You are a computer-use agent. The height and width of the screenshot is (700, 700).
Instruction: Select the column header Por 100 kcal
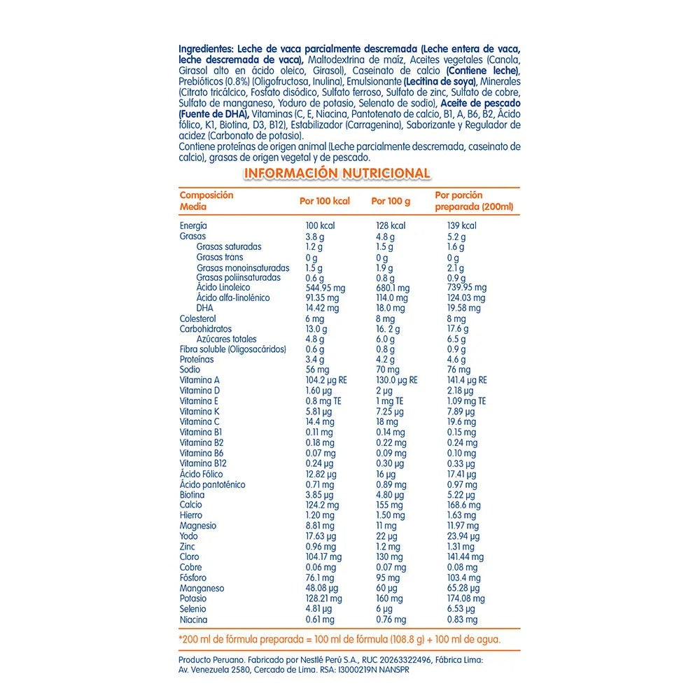tap(324, 201)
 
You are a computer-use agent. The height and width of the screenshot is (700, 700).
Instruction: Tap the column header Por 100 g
tap(391, 201)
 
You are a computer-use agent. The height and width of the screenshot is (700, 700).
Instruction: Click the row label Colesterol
tap(198, 318)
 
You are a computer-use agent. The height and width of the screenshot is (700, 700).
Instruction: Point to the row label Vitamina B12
tap(202, 464)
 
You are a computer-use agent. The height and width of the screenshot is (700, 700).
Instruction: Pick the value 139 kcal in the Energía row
tap(461, 226)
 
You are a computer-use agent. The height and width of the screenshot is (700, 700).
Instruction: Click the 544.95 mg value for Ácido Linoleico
tap(326, 288)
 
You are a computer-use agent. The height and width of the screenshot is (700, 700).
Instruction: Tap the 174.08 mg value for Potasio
tap(466, 599)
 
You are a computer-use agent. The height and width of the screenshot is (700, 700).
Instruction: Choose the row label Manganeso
tap(202, 589)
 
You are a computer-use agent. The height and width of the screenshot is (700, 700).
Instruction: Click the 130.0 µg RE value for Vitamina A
tap(396, 380)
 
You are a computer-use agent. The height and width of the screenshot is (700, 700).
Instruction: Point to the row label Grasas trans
tap(220, 257)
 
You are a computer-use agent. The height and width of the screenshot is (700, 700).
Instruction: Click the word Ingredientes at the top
tap(206, 49)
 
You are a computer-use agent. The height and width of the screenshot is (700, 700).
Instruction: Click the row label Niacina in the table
tap(194, 619)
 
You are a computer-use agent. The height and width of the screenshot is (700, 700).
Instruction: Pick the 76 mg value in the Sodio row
tap(458, 370)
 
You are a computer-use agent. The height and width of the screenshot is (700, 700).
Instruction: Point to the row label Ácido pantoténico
tap(213, 484)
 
